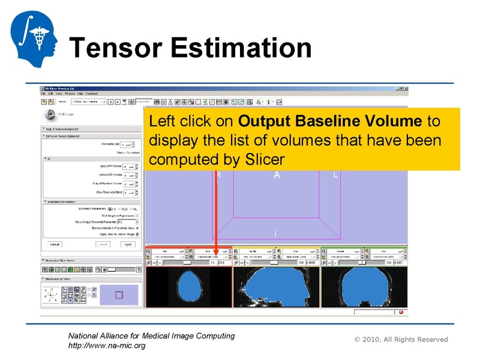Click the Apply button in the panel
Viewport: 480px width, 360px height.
click(127, 244)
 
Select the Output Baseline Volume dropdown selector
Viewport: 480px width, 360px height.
click(128, 183)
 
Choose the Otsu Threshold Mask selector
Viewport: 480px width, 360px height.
click(128, 193)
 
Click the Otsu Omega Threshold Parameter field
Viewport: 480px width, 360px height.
click(127, 221)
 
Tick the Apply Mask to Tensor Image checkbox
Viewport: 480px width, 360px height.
click(137, 234)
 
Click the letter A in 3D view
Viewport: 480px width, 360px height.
click(277, 175)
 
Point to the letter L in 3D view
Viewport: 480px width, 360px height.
click(335, 175)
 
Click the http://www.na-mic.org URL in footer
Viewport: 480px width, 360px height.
click(106, 346)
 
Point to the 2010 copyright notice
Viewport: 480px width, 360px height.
click(401, 340)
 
